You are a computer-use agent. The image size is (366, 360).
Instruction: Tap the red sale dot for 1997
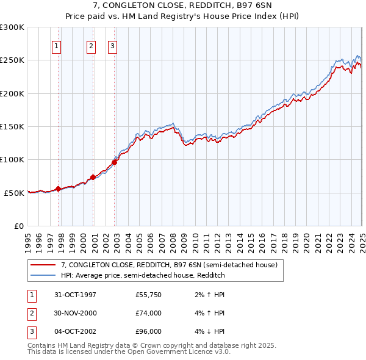[59, 189]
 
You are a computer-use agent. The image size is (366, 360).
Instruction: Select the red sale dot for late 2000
[93, 177]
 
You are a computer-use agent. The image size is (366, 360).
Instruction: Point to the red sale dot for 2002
[114, 162]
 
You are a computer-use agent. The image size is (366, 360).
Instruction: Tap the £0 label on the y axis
[18, 226]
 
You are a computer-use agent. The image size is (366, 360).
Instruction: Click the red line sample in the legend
[43, 265]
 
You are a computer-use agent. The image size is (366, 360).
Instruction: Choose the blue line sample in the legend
[43, 275]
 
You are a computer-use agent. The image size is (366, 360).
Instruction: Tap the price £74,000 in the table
[149, 313]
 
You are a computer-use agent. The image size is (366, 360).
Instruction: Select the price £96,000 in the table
[149, 331]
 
